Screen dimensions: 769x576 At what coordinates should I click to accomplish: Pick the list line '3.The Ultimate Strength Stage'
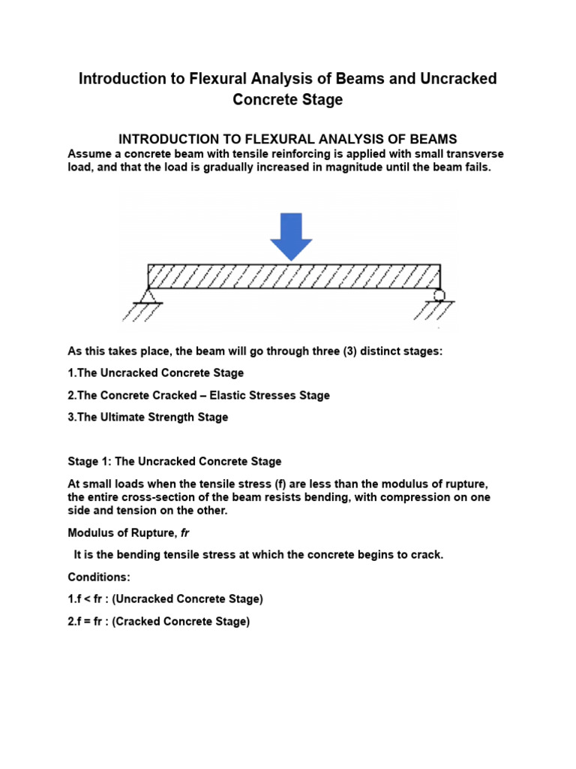click(148, 417)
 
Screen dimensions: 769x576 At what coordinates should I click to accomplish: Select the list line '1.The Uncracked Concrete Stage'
click(155, 372)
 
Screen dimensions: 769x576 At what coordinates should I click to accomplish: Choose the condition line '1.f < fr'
click(165, 599)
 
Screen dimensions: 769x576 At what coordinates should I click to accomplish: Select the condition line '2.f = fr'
click(158, 622)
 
